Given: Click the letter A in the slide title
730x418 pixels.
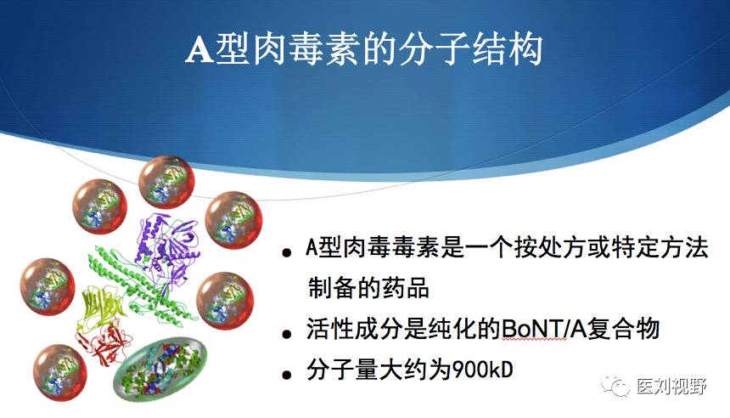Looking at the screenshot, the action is pos(199,49).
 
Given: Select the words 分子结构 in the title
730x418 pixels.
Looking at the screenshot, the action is pos(470,48).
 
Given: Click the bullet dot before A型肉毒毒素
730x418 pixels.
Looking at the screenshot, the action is pos(287,252).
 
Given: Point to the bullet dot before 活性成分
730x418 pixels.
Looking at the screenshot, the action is pos(287,334).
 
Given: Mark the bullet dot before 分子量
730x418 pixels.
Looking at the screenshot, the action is pos(287,374).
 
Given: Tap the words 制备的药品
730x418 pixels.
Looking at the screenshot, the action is pos(368,287).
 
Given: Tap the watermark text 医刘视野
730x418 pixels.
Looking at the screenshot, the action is pos(671,387).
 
